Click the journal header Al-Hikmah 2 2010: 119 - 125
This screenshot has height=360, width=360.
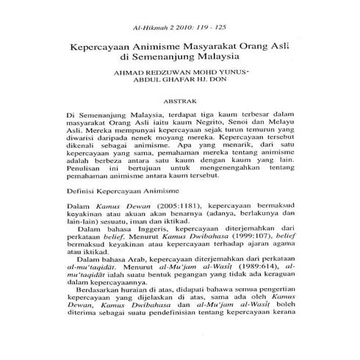coord(180,22)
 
